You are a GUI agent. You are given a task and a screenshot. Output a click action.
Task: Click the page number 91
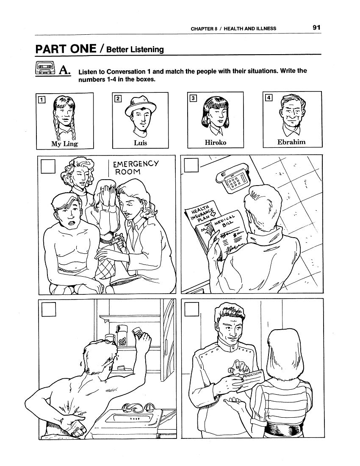coord(316,28)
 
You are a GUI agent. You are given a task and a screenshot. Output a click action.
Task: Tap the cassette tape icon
coord(45,68)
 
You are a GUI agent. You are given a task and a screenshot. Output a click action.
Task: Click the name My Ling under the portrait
coord(64,144)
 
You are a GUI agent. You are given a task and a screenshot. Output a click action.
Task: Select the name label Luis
coord(140,143)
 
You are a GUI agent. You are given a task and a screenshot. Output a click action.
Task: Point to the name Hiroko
coord(215,143)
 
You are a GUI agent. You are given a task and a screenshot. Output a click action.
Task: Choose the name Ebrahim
coord(291,142)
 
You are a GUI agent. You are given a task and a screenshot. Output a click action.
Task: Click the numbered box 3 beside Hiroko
coord(193,98)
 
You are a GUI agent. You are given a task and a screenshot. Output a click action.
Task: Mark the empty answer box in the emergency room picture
coord(48,166)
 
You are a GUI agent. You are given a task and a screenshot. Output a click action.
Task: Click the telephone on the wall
coord(233,178)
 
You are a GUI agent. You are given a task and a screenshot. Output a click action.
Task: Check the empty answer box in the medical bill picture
coord(191,165)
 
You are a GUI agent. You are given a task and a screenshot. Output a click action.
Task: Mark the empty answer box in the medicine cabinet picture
coord(48,309)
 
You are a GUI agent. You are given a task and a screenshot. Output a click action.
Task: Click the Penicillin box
coord(249,381)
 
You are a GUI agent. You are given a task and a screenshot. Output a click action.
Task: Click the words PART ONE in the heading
coord(66,49)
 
